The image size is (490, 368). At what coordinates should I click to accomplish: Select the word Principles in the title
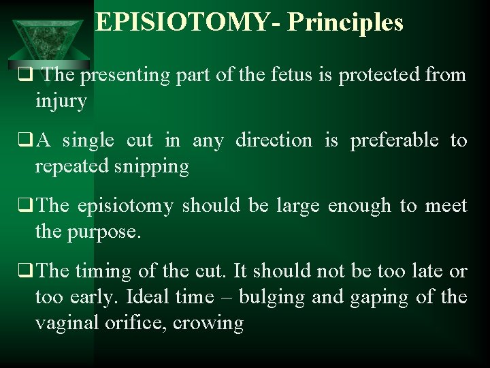(x=345, y=22)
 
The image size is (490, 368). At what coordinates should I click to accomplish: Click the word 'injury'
(x=61, y=102)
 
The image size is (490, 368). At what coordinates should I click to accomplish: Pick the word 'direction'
(x=274, y=140)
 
